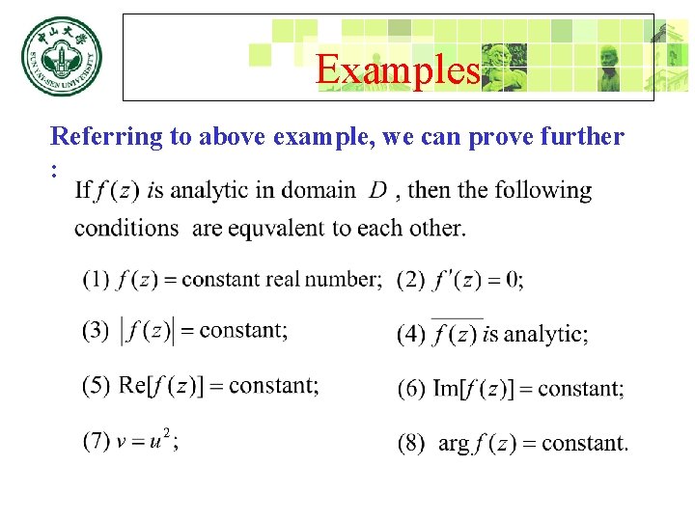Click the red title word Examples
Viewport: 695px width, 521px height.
[398, 69]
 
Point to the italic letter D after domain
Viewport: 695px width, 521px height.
[378, 190]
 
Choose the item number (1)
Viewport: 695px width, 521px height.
[96, 280]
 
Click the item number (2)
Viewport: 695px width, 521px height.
[411, 280]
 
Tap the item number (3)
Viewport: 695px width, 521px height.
[96, 331]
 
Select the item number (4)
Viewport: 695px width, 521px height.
[411, 335]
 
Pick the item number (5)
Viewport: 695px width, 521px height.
[96, 386]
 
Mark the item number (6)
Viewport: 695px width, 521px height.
[411, 389]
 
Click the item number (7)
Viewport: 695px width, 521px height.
[96, 442]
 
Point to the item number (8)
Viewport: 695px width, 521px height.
[411, 444]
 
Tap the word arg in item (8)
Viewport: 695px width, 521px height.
[454, 445]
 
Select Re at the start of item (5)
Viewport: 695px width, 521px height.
[131, 386]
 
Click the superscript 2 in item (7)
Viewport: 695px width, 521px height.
[166, 433]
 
